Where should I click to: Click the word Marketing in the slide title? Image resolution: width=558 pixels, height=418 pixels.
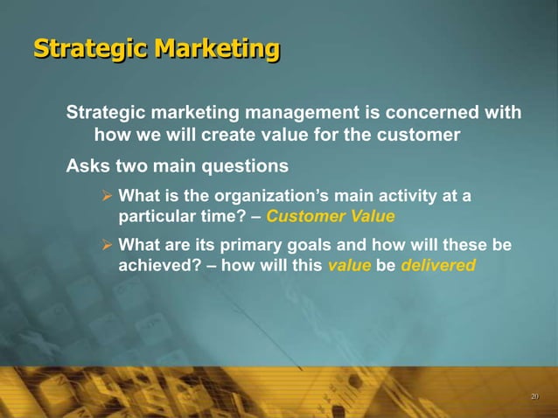click(218, 49)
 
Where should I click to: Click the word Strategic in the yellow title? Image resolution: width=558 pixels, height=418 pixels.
click(91, 49)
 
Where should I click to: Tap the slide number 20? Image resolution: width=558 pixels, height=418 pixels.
click(534, 398)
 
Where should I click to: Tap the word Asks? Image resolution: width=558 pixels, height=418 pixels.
click(87, 165)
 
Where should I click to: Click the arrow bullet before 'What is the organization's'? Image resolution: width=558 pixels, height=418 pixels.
click(108, 196)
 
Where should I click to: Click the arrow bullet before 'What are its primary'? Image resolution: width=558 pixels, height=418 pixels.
click(108, 245)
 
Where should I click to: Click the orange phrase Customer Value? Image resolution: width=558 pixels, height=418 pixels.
click(331, 216)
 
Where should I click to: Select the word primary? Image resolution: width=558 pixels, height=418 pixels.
click(255, 245)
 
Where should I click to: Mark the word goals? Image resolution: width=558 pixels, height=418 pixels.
click(315, 245)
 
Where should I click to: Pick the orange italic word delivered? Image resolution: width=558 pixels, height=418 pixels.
click(438, 265)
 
